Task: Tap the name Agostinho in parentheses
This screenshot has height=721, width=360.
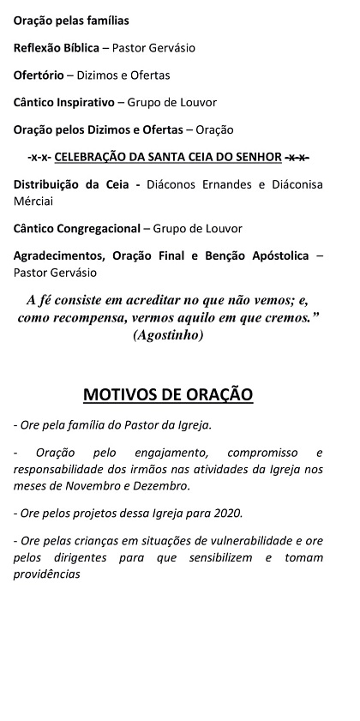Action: point(169,335)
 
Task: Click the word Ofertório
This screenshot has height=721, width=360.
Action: point(39,75)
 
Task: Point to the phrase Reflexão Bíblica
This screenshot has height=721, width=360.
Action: point(56,47)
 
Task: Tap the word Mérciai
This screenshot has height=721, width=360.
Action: point(34,201)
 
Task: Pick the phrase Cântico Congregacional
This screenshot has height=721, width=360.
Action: point(75,229)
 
